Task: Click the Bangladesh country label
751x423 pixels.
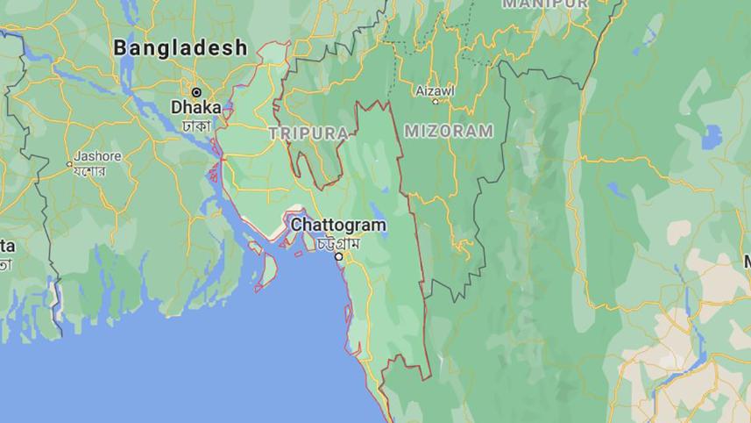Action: click(181, 48)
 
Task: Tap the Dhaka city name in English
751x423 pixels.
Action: click(195, 107)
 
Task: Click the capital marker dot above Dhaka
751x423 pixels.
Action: click(196, 92)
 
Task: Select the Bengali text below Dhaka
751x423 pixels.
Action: click(196, 125)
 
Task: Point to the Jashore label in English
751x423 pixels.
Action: click(97, 156)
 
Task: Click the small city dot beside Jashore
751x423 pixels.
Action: click(69, 163)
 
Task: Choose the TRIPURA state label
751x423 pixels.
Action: click(308, 133)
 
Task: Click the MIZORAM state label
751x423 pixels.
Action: click(449, 131)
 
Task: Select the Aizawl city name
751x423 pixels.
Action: click(435, 90)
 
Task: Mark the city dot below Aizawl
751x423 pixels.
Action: click(436, 102)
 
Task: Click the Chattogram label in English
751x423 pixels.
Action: click(337, 226)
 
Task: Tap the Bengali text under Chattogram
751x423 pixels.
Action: click(338, 243)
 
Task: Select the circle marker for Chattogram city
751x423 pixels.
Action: click(338, 256)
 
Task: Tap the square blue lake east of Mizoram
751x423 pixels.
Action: click(712, 136)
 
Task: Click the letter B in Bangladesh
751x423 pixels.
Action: click(122, 48)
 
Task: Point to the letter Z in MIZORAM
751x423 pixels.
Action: click(434, 131)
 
